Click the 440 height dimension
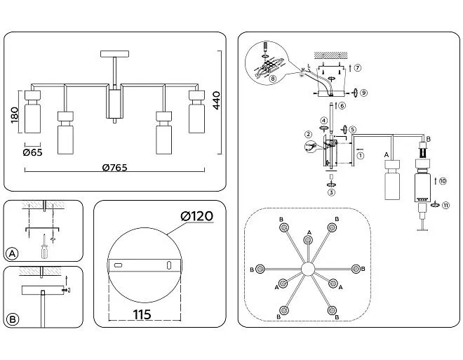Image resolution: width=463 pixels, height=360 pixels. pos(217,100)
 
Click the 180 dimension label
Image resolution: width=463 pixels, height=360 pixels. pos(15,116)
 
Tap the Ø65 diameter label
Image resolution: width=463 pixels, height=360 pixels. pos(32,152)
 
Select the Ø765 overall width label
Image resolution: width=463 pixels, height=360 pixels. pos(114,168)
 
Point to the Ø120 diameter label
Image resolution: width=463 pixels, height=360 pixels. pos(197,216)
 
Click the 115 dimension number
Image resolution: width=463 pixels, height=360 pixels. pos(142,315)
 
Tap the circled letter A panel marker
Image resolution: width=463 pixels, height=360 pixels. pos(13,253)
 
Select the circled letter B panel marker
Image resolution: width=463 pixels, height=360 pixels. pos(13,319)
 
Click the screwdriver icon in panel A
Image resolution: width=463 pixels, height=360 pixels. pos(45,247)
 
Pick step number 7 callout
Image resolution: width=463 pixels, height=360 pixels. pos(357,67)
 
